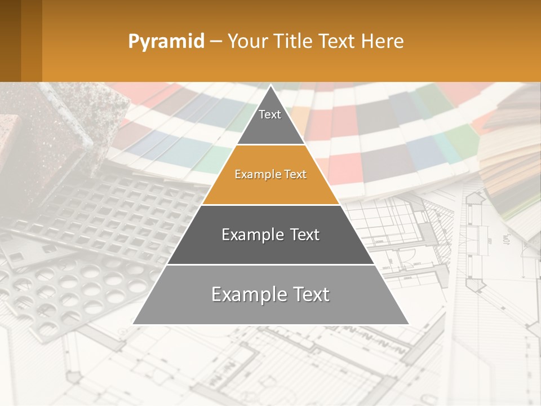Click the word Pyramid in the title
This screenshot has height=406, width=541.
[166, 42]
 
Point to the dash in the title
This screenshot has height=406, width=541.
[215, 42]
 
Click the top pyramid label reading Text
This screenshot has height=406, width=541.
[270, 114]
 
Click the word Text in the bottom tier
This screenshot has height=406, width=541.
[310, 294]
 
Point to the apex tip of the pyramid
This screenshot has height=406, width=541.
[271, 86]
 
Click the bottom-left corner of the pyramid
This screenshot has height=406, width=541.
[134, 324]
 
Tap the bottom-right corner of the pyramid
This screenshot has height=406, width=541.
[408, 324]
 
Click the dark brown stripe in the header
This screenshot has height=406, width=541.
[10, 41]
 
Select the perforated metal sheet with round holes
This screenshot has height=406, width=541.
[73, 288]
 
